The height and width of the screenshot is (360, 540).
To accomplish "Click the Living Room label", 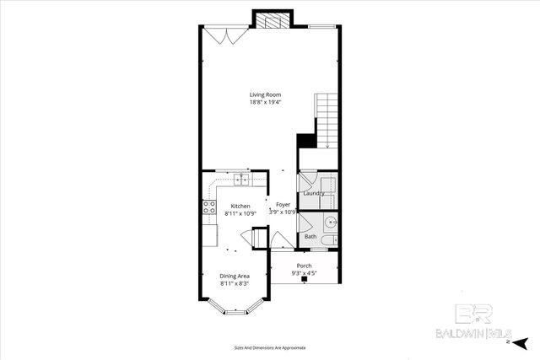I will pyautogui.click(x=265, y=94).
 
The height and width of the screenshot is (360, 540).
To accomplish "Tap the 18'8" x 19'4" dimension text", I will pyautogui.click(x=265, y=103).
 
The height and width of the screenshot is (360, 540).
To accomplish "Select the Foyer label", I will pyautogui.click(x=283, y=205).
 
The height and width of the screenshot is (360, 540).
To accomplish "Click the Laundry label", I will pyautogui.click(x=315, y=194).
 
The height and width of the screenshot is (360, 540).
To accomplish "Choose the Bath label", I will pyautogui.click(x=310, y=236).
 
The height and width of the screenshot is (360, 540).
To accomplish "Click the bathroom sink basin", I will pyautogui.click(x=331, y=223).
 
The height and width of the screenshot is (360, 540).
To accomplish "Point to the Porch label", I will pyautogui.click(x=304, y=266).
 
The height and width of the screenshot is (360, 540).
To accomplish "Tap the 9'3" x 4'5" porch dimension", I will pyautogui.click(x=304, y=273).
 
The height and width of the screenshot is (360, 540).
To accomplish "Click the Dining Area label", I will pyautogui.click(x=235, y=276).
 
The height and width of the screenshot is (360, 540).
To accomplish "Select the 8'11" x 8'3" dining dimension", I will pyautogui.click(x=235, y=283).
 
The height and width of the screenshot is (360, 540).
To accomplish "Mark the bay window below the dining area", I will pyautogui.click(x=234, y=312).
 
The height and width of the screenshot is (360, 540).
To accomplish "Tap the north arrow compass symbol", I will pyautogui.click(x=521, y=343).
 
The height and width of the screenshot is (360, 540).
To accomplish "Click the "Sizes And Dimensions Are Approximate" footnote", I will pyautogui.click(x=269, y=347).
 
